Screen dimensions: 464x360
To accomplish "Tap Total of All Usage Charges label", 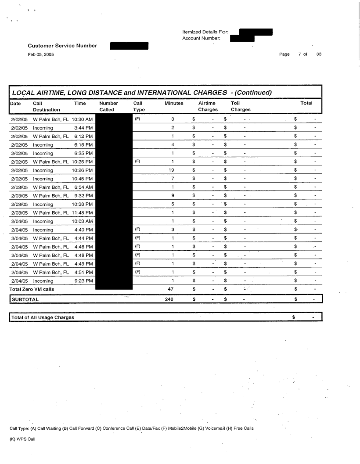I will click(x=43, y=317).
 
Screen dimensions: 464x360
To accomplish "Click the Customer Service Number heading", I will click(x=62, y=45).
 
